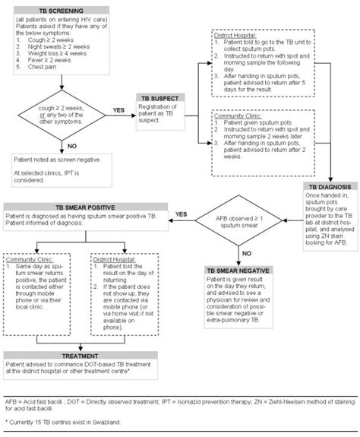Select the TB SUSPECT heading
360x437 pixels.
click(x=164, y=99)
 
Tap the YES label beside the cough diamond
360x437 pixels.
click(x=119, y=109)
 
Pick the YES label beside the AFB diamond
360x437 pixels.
click(x=181, y=215)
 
